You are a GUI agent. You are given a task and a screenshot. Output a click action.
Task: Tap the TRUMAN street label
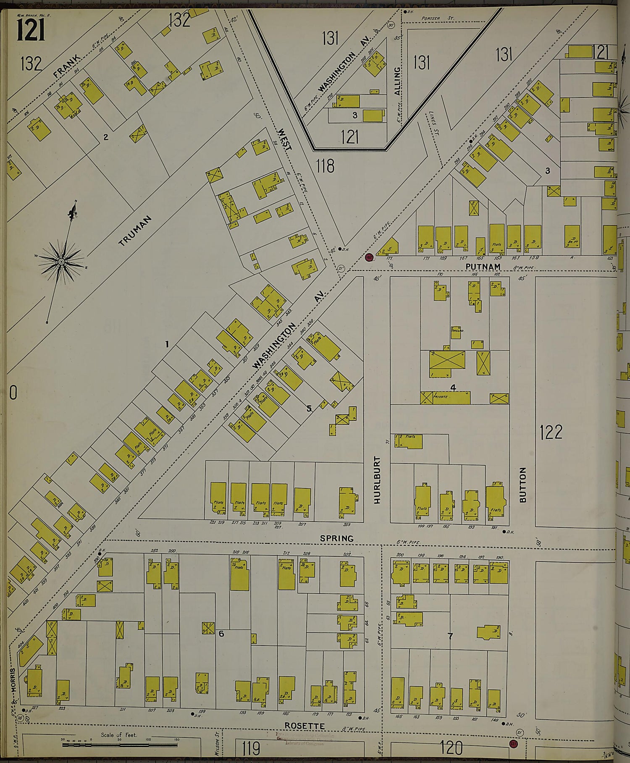click(x=135, y=231)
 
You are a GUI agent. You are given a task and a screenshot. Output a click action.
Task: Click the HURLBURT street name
click(x=377, y=480)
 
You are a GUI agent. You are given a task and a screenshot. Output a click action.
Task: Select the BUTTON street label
click(x=522, y=485)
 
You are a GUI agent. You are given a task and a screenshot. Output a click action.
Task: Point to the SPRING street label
click(x=336, y=538)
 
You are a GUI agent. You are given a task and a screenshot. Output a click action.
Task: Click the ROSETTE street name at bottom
click(x=304, y=726)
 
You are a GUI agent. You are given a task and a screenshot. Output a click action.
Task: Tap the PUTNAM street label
click(x=483, y=267)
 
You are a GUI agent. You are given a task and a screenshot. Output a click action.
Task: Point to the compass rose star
click(x=61, y=262)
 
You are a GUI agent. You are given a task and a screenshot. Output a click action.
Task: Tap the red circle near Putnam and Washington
click(x=369, y=257)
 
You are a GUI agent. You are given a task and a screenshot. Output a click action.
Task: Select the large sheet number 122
click(x=551, y=432)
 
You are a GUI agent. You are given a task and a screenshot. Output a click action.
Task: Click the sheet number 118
click(x=325, y=166)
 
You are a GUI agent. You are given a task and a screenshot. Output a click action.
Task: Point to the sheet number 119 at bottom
click(x=251, y=748)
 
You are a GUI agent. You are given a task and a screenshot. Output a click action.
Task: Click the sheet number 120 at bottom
click(x=451, y=747)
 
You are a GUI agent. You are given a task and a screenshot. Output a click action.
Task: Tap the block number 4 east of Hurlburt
click(x=453, y=387)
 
